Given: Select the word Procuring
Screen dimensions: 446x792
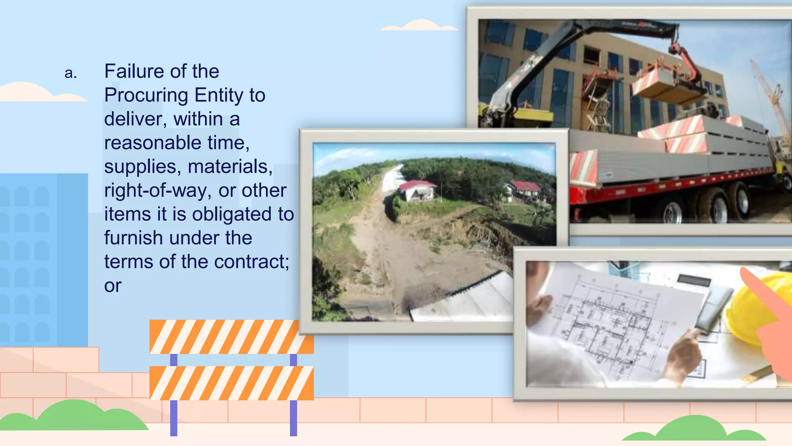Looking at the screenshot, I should [x=147, y=95].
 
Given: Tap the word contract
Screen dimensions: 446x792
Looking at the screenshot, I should [x=251, y=262].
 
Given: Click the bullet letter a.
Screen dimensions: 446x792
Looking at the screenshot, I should [x=70, y=73].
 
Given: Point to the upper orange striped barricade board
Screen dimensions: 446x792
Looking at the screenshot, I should [x=231, y=336].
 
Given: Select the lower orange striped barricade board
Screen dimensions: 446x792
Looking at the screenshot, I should [x=231, y=383].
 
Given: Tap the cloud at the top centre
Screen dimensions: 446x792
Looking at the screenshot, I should [x=420, y=26].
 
